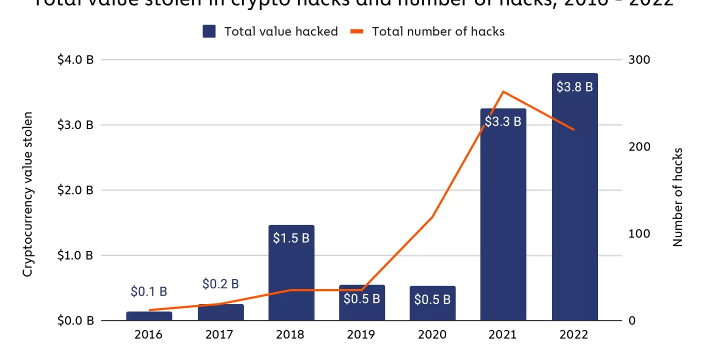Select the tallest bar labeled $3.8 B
(x=574, y=200)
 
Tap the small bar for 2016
(x=149, y=316)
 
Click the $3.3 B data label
(x=503, y=121)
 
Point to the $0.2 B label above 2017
(x=220, y=284)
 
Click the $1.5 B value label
(x=291, y=238)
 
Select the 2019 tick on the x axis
(x=361, y=334)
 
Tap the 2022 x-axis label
(x=574, y=334)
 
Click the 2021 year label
(x=503, y=334)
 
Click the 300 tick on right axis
(x=639, y=60)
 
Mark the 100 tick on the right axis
(x=639, y=234)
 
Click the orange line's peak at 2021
(x=503, y=91)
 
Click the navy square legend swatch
(x=209, y=31)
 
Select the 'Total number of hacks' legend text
(x=438, y=31)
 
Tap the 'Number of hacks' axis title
(x=677, y=197)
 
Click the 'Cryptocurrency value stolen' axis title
(x=28, y=194)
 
